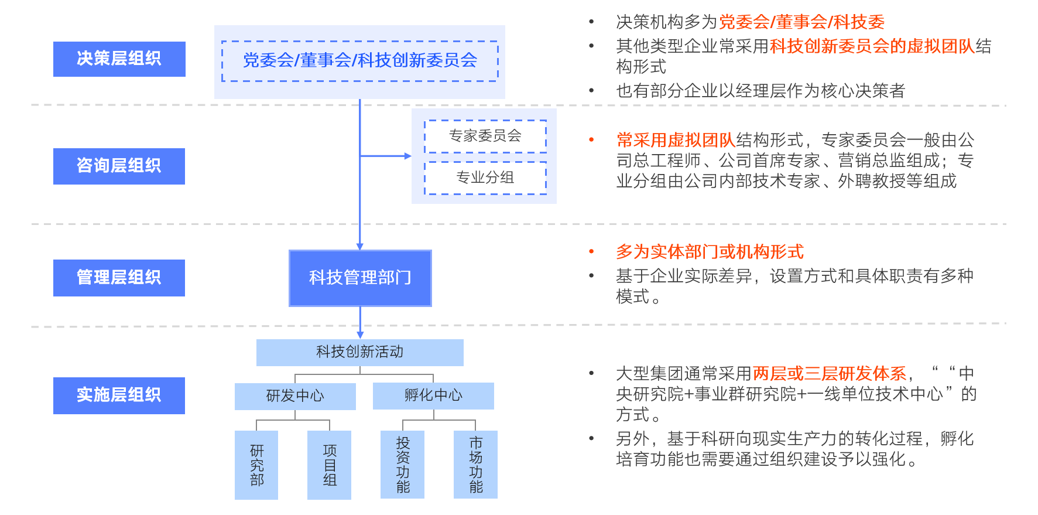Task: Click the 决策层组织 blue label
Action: pos(119,59)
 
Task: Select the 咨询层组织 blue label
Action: pos(119,166)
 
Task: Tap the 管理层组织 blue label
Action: pos(119,278)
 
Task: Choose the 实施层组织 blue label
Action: pos(119,395)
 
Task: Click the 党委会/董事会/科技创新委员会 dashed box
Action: pos(359,61)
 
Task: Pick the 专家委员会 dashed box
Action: pos(485,136)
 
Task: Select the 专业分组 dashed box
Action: pos(485,178)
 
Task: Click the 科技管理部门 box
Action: pos(360,278)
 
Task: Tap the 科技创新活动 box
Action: pos(359,352)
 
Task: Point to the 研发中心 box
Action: pos(295,396)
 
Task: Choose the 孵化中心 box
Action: pos(433,395)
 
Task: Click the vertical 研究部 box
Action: pos(256,465)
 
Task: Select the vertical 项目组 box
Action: pos(330,465)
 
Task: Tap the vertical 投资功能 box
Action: pos(402,465)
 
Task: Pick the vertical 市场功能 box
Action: pos(475,465)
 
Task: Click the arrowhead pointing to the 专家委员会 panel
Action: pos(407,156)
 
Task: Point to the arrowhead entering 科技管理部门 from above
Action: pos(360,246)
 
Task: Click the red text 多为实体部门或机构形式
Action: pos(710,252)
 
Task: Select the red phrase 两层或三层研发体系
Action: pos(829,373)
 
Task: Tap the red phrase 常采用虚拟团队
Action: pos(676,140)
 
